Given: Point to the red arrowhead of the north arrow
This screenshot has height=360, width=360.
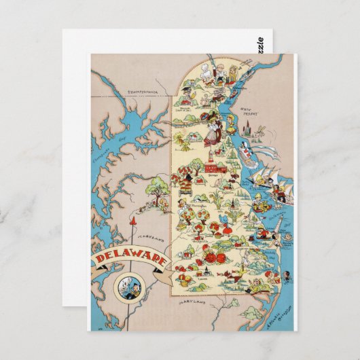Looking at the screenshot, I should pos(134,222).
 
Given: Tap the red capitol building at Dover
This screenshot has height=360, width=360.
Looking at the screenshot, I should pos(197,166).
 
